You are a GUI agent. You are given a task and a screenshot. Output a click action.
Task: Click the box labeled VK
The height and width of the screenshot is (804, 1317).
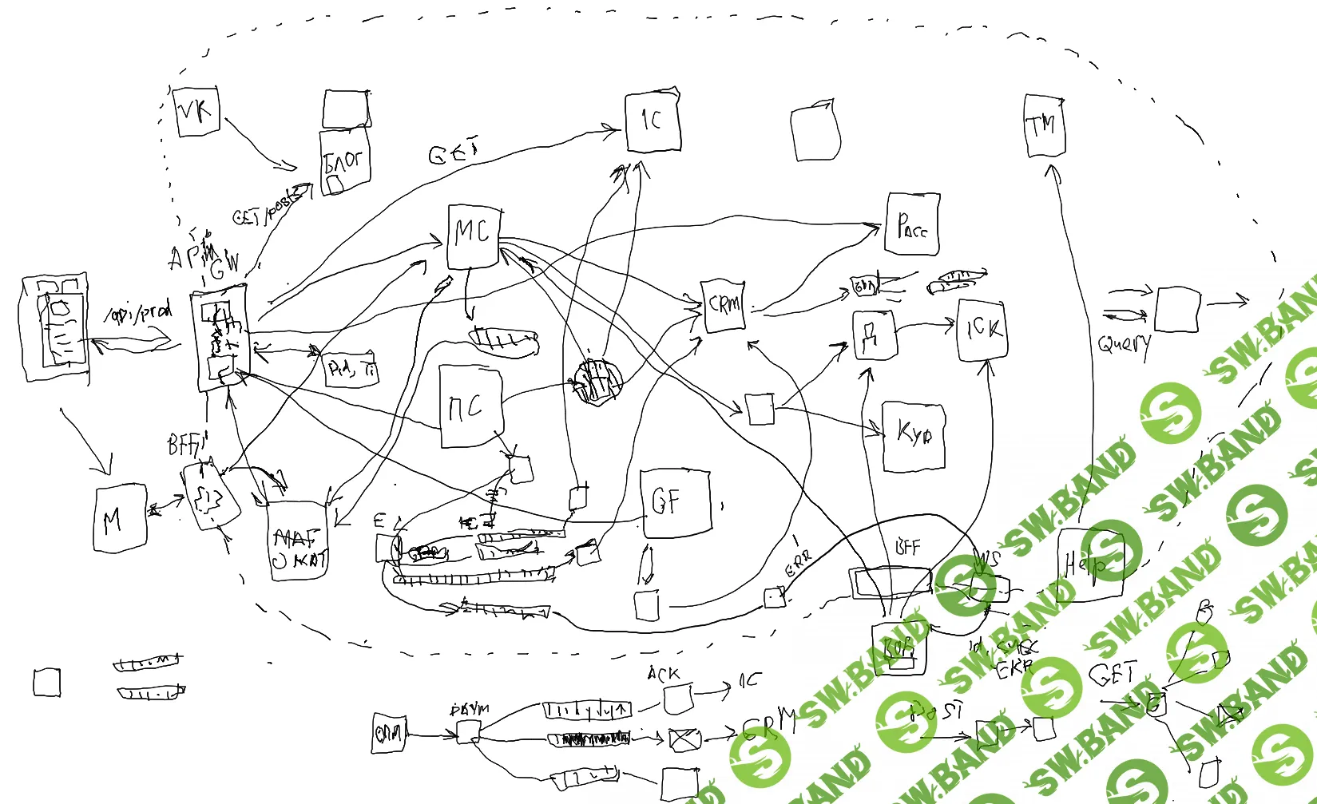(196, 112)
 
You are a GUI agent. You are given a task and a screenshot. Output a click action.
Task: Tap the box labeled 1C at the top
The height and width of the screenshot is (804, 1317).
(653, 121)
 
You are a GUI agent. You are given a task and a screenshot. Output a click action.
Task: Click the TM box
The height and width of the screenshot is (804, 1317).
(1044, 126)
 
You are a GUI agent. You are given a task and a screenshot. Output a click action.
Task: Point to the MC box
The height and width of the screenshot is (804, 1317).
(474, 236)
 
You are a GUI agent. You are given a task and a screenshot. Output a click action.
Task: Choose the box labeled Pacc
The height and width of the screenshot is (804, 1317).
(913, 224)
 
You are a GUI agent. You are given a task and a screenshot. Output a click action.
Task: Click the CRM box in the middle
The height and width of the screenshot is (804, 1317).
(724, 305)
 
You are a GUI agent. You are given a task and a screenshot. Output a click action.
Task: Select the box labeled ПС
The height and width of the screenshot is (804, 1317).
(471, 406)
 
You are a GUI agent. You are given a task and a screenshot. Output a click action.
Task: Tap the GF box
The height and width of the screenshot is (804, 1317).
(676, 502)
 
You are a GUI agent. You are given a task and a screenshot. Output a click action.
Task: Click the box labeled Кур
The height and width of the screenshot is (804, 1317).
(914, 437)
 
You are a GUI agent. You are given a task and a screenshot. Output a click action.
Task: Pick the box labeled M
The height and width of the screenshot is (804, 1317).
(120, 519)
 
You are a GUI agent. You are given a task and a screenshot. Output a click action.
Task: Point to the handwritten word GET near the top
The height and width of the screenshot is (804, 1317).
(453, 151)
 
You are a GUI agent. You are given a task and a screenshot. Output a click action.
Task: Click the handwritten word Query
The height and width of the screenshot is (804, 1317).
(1125, 344)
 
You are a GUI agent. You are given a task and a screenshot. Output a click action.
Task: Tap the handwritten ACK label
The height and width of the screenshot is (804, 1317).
(664, 675)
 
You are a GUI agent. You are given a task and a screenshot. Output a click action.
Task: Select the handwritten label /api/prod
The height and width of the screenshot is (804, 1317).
(138, 313)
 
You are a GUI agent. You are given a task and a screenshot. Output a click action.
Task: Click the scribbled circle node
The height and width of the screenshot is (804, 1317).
(597, 382)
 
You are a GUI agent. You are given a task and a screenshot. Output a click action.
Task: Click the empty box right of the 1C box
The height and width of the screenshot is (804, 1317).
(815, 131)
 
